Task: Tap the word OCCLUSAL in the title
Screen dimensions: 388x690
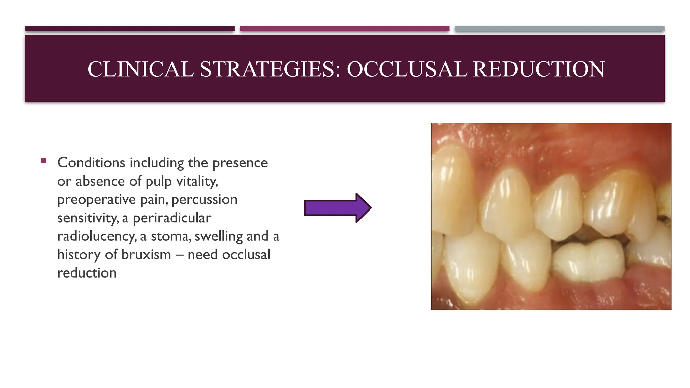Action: click(407, 69)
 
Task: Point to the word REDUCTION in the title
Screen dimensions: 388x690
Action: click(539, 69)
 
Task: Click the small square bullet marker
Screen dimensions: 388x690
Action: click(43, 161)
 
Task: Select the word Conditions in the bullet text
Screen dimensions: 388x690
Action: click(91, 163)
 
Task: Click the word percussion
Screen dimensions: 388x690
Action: click(204, 200)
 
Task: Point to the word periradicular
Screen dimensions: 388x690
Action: click(172, 218)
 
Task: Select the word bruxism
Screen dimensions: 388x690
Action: click(146, 255)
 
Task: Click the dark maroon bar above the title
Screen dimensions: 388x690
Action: click(130, 29)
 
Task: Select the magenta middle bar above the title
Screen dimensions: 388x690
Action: click(344, 29)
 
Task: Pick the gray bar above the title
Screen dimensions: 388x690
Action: click(560, 29)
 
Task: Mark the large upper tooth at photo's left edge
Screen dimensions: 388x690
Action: click(451, 189)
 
